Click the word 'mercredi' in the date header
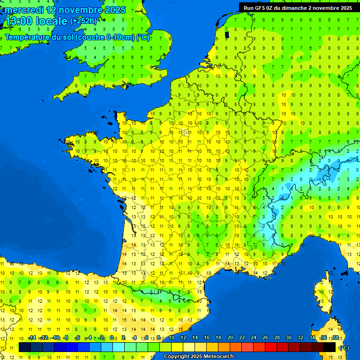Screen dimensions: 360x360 coord(24,10)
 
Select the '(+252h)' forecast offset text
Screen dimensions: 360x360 coord(83,21)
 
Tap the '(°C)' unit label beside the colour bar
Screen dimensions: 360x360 coord(344,348)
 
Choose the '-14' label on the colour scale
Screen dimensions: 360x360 coord(32,338)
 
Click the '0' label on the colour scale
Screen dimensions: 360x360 coord(112,338)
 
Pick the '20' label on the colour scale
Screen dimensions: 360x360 coord(230,338)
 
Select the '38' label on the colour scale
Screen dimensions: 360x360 coord(336,338)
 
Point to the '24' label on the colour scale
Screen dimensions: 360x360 coord(254,338)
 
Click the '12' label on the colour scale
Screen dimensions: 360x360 coord(183,338)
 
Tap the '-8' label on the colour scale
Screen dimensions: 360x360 coord(66,338)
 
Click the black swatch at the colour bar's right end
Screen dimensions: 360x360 coord(330,347)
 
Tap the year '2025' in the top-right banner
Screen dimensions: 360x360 coord(345,8)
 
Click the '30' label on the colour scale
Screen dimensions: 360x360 coord(289,338)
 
